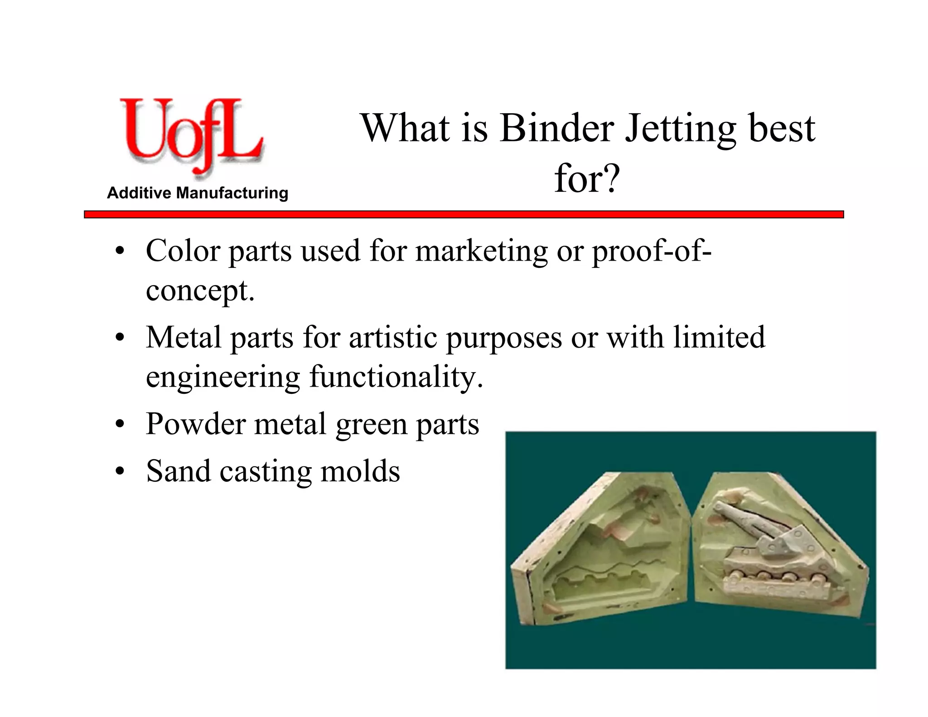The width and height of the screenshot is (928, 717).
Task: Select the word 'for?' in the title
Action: click(587, 179)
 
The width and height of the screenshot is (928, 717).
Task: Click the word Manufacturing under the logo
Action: click(232, 193)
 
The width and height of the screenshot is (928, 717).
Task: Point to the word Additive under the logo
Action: click(139, 193)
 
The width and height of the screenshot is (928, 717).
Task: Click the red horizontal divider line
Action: click(464, 214)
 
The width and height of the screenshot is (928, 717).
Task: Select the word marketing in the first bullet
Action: click(481, 252)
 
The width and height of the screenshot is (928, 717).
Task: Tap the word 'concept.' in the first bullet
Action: click(200, 291)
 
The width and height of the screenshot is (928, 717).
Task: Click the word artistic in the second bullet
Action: click(393, 338)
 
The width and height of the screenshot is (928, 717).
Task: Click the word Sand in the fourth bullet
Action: click(178, 471)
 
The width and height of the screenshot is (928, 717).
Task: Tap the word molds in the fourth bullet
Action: click(360, 471)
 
